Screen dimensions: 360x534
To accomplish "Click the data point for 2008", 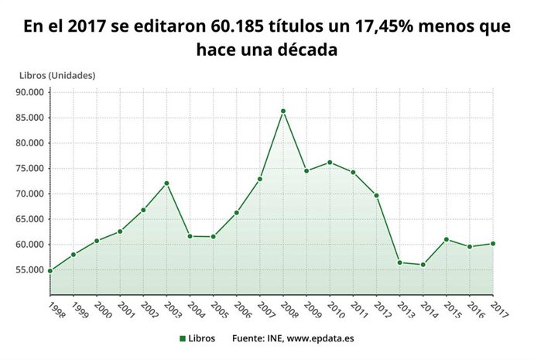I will [283, 111].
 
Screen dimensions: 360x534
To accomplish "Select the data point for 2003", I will [166, 183].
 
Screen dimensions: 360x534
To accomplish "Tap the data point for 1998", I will [50, 270].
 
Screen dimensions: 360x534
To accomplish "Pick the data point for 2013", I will [400, 262].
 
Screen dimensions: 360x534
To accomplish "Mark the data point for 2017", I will [493, 243].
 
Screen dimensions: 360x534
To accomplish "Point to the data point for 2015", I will [447, 239].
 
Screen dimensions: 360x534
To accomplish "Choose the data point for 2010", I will [330, 162].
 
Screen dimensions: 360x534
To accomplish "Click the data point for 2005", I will [213, 237].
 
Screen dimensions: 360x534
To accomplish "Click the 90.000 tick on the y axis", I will [29, 92].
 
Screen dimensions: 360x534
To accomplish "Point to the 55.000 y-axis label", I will [29, 269].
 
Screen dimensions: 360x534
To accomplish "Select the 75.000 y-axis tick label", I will [29, 169].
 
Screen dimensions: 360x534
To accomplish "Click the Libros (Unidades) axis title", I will [57, 75].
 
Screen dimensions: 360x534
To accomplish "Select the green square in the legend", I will [182, 338].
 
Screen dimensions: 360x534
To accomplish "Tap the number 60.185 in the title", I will [238, 27].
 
